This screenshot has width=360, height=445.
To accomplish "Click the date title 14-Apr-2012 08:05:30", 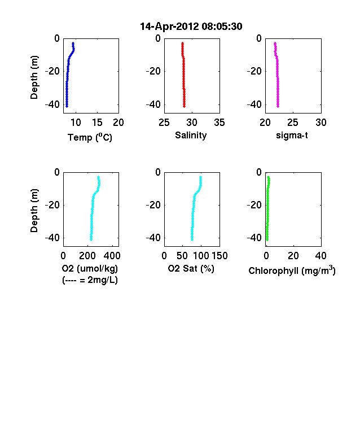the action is [x=191, y=27].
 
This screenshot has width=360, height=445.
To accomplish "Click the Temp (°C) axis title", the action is [x=90, y=137].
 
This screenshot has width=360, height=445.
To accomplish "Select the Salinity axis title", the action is [x=191, y=136].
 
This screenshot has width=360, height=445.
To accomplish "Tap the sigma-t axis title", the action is [x=292, y=136].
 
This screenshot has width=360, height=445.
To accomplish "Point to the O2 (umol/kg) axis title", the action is [x=90, y=268].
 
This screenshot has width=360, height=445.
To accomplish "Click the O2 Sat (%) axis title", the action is [x=191, y=268].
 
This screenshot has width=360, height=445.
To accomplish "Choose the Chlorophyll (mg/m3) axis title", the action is [x=292, y=271].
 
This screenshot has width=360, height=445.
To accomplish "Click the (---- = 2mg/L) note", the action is [x=90, y=280].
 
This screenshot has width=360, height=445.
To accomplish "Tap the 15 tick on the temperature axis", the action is [x=97, y=123].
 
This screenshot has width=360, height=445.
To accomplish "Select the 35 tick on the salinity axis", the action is [x=219, y=123].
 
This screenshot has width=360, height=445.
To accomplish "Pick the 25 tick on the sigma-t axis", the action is [x=293, y=123].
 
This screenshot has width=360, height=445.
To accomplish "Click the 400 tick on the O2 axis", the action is [x=112, y=256].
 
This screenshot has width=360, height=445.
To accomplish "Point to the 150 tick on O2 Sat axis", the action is [x=219, y=256].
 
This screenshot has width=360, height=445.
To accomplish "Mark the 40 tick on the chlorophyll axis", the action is [x=321, y=256].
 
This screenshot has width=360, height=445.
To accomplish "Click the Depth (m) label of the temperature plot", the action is [x=34, y=77].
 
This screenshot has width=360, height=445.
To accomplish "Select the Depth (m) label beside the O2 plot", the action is [x=34, y=211].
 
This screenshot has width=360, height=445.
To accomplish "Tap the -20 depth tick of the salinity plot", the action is [x=153, y=71].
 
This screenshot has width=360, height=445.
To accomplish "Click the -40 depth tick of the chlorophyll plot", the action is [x=254, y=238].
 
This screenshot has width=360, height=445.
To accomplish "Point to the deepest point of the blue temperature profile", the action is [x=67, y=106].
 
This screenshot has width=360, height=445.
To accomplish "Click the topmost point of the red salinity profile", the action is [x=183, y=43].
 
